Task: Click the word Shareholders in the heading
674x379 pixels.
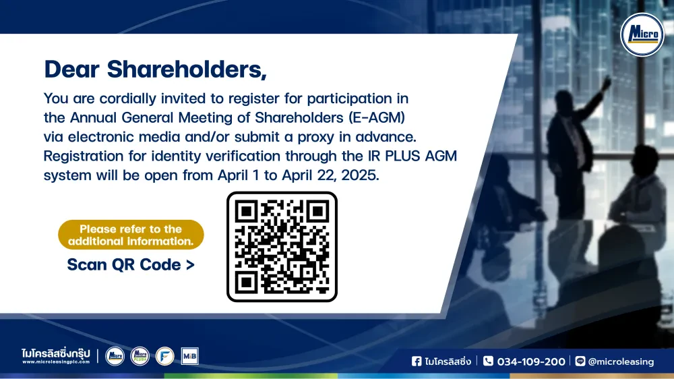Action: point(187,69)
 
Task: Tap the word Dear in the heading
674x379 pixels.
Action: point(72,69)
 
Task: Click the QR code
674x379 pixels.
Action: point(282,247)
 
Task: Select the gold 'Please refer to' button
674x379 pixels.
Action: point(131,235)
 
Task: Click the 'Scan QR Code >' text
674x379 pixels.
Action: point(131,264)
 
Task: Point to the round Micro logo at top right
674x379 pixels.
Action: point(642,35)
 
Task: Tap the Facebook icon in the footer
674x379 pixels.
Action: point(417,361)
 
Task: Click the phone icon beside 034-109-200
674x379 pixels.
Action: point(488,361)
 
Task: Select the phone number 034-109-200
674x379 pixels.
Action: point(531,361)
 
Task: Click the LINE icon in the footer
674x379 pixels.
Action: point(580,361)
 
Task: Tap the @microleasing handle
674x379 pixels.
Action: point(621,361)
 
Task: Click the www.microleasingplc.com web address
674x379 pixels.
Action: point(56,361)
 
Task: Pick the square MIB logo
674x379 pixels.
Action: point(189,356)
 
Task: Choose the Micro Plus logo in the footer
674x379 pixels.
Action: point(140,356)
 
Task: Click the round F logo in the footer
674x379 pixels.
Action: point(164,356)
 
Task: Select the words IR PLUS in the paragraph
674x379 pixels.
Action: point(394,156)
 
